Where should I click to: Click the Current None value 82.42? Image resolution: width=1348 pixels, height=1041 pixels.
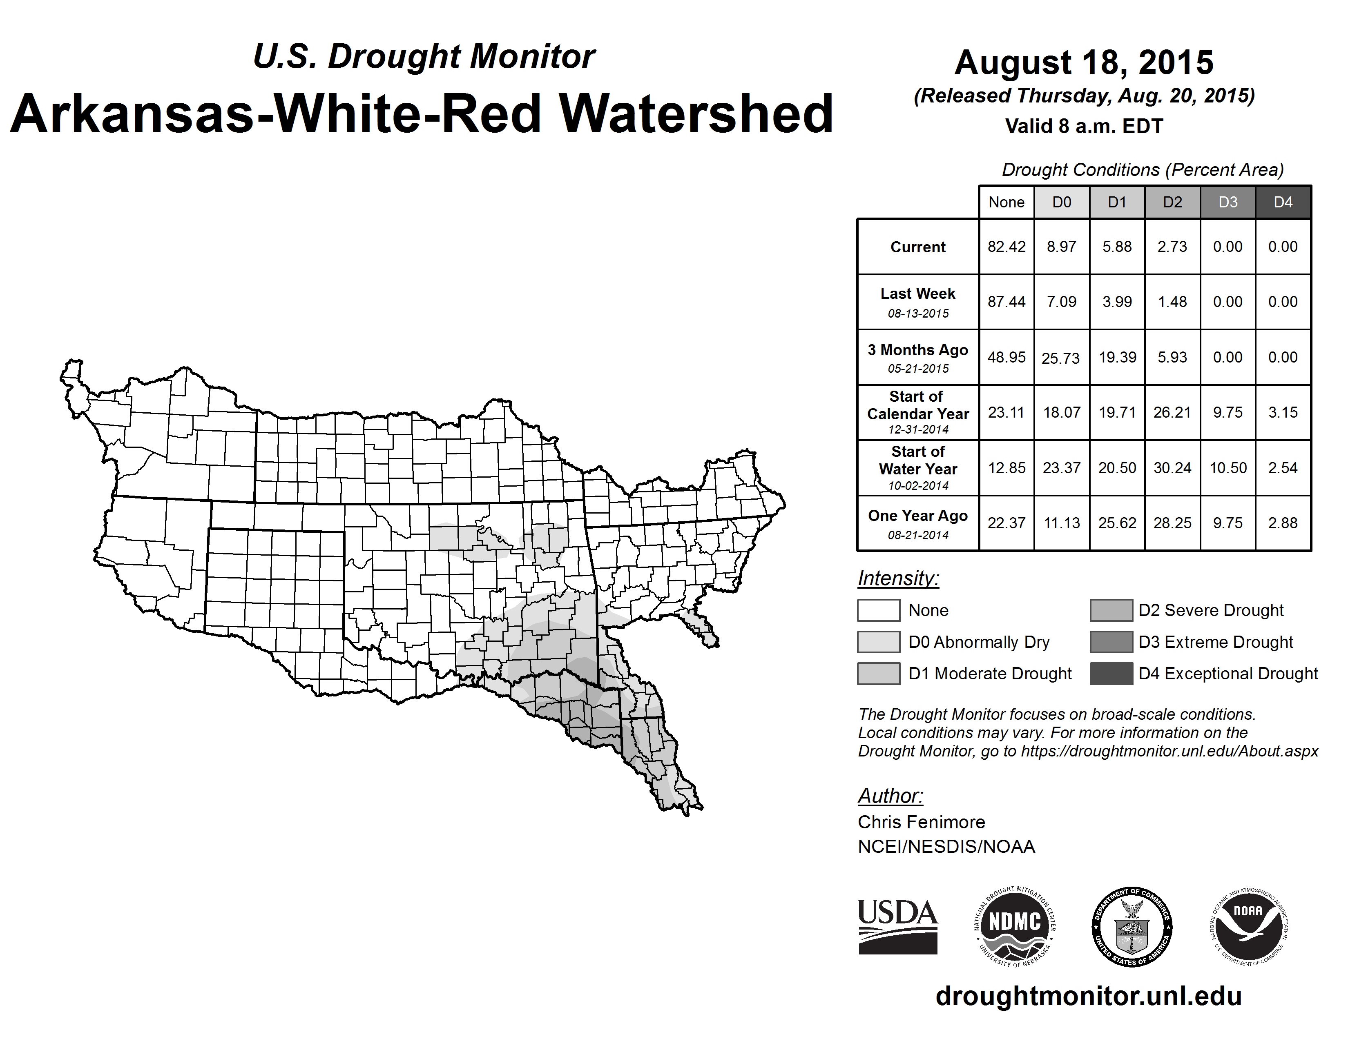tap(1006, 247)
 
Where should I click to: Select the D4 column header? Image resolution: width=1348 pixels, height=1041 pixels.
tap(1283, 202)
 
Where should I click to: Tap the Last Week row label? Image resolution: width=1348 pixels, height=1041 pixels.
tap(918, 302)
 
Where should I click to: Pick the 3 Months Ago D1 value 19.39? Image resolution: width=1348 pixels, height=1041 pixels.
tap(1117, 357)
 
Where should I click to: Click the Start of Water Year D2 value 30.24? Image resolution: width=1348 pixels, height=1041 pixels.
tap(1172, 468)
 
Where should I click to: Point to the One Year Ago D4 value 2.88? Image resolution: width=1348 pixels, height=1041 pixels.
tap(1283, 523)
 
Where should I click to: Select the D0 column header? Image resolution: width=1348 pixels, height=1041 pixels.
tap(1062, 202)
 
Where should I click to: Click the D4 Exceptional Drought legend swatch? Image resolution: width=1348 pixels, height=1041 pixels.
tap(1111, 674)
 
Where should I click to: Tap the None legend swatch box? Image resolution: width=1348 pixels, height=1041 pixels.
tap(878, 610)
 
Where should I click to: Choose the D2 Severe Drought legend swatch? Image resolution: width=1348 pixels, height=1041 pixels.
tap(1111, 610)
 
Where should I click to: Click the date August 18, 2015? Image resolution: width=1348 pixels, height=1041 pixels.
tap(1084, 62)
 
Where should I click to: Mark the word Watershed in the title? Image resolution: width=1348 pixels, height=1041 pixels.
tap(696, 114)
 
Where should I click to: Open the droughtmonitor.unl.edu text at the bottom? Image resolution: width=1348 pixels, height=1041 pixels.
tap(1088, 996)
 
